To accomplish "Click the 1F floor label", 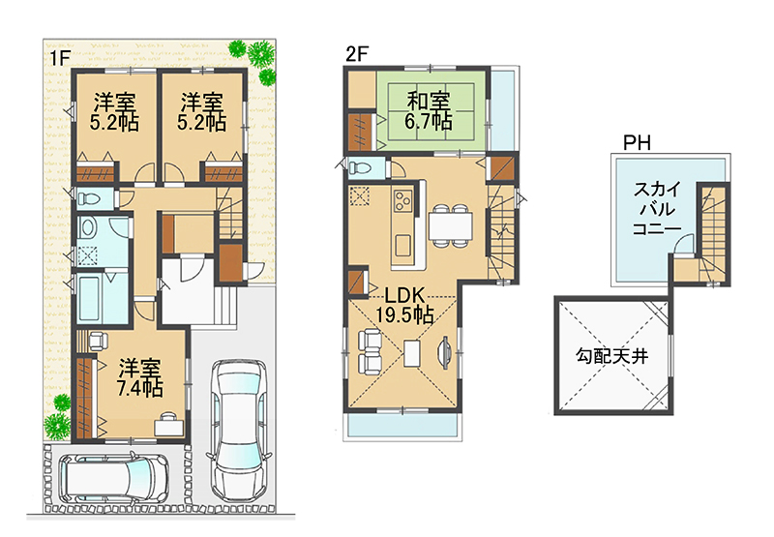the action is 58,59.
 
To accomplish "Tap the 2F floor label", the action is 357,54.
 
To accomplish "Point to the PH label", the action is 637,143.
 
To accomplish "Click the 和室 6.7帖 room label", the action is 428,110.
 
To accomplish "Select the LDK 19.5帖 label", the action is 404,305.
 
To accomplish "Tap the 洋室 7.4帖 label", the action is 140,378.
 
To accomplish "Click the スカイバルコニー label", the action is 657,209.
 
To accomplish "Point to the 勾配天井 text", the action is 612,355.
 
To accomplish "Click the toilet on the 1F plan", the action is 89,198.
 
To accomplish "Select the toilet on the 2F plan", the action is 359,166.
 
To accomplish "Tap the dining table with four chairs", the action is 450,225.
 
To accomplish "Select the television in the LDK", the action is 444,352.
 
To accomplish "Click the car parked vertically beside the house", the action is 238,429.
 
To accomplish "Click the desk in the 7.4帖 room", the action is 169,425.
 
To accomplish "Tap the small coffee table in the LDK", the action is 411,353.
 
